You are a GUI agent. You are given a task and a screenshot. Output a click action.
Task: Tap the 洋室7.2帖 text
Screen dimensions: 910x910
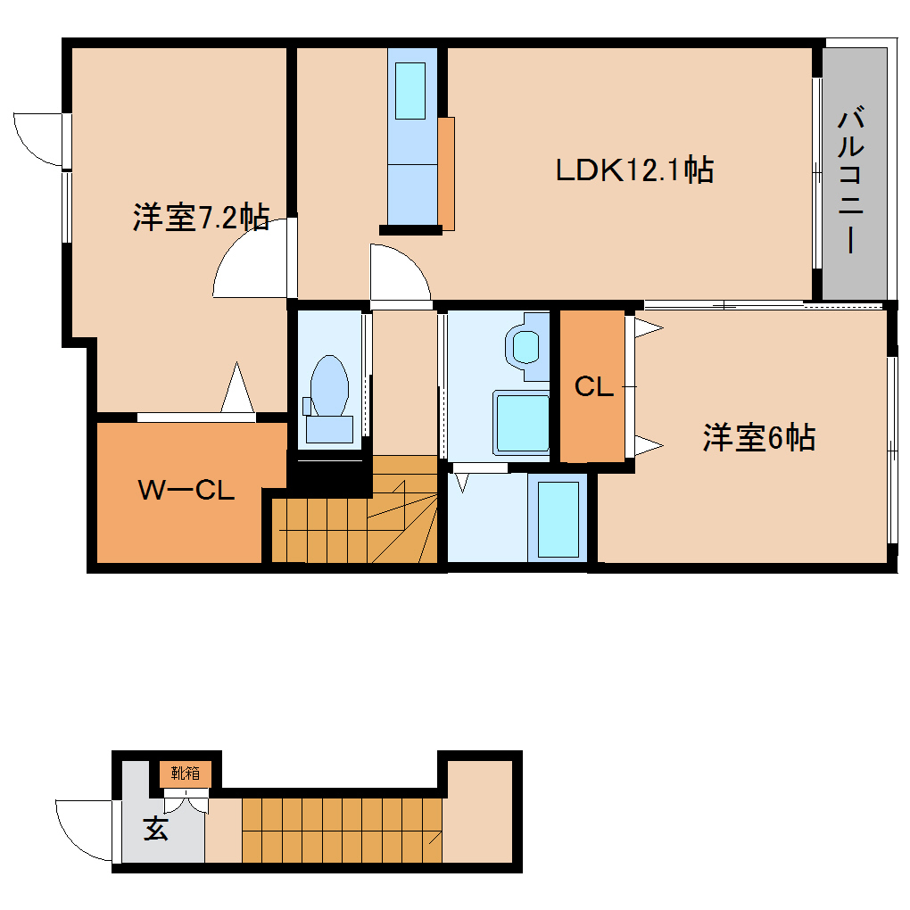[201, 218]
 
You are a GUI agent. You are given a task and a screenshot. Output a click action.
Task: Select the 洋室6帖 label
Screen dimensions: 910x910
[758, 438]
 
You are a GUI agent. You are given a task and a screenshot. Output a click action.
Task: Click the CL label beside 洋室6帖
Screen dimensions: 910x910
[593, 387]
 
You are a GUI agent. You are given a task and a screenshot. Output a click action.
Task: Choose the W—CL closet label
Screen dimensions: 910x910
[186, 490]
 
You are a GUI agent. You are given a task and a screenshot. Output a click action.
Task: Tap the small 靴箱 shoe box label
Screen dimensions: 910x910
[186, 773]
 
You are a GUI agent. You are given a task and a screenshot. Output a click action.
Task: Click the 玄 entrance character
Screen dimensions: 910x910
[156, 830]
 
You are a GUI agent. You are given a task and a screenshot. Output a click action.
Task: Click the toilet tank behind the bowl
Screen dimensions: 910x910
[329, 429]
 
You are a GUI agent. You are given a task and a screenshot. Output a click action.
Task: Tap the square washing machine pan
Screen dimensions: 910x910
[523, 423]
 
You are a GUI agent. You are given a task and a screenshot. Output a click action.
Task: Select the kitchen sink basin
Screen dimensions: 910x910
[410, 91]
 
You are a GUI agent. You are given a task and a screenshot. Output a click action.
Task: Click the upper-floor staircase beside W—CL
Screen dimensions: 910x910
[357, 526]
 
